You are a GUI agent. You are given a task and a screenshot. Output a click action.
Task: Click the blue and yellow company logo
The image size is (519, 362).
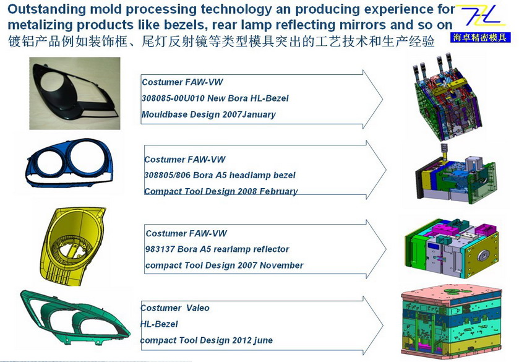[481, 24]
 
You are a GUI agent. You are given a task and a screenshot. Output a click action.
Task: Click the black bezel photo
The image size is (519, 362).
[75, 93]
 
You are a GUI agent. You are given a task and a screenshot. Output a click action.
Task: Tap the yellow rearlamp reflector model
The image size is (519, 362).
[73, 246]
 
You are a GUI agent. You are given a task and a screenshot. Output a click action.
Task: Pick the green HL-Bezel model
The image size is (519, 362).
[75, 318]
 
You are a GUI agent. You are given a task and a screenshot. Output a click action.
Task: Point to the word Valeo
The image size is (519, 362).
[197, 308]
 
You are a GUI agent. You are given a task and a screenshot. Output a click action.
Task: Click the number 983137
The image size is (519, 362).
[160, 249]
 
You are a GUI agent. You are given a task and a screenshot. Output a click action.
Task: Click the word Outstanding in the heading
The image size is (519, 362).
[46, 9]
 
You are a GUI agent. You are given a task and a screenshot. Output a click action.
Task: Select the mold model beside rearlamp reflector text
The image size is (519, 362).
[452, 248]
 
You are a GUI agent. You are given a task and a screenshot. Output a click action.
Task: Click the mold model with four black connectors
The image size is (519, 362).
[446, 96]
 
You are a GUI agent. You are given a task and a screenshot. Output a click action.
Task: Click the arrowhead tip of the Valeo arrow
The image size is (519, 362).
[383, 326]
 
